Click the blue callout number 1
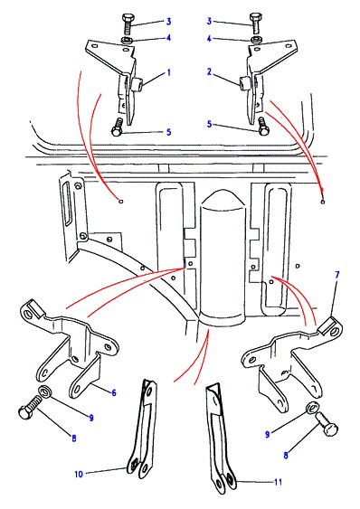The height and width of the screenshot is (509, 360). click(x=168, y=72)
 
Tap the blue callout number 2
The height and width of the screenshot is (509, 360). click(x=210, y=71)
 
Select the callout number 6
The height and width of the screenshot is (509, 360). click(x=114, y=392)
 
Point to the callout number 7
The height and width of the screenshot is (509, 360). click(x=336, y=275)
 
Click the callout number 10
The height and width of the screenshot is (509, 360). click(x=79, y=475)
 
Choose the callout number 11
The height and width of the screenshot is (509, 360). click(x=278, y=482)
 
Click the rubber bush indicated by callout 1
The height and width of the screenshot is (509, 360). click(x=137, y=84)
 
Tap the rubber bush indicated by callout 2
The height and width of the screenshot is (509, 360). click(x=244, y=83)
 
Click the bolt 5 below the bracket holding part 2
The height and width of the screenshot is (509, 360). click(x=262, y=127)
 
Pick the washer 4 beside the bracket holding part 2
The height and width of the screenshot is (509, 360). click(x=255, y=40)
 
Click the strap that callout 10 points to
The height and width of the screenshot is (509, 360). click(x=142, y=429)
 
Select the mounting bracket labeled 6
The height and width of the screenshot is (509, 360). click(x=70, y=347)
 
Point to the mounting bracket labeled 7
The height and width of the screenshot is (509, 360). click(x=292, y=357)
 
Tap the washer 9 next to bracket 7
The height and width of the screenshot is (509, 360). click(x=312, y=408)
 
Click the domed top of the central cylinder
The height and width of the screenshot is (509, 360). click(x=223, y=200)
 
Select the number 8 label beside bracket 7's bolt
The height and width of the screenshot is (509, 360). click(x=286, y=455)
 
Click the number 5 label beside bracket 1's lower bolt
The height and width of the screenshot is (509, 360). click(x=168, y=132)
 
